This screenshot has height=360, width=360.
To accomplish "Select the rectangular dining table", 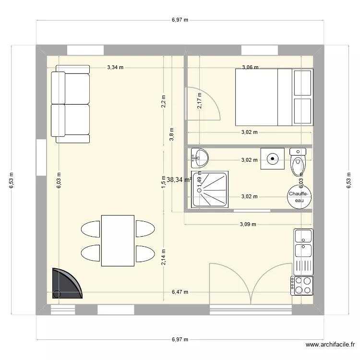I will [x=118, y=240].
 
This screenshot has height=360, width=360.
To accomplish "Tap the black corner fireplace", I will [x=65, y=284].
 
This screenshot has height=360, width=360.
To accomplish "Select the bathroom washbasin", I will [x=199, y=156].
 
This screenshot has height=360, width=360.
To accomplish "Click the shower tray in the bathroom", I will [x=210, y=189].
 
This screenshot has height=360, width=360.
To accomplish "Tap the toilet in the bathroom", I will [x=298, y=160].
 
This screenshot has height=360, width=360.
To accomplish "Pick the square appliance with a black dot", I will [x=273, y=158].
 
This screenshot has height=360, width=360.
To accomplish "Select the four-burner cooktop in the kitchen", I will [x=302, y=285].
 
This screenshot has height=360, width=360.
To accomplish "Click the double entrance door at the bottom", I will [x=251, y=284].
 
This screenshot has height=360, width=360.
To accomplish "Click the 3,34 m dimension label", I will [x=115, y=68].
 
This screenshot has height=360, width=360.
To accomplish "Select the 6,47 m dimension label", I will [x=180, y=292].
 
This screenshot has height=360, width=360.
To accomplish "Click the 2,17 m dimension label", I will [x=200, y=101].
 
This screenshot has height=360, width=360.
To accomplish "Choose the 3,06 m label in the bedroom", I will [x=250, y=68].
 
